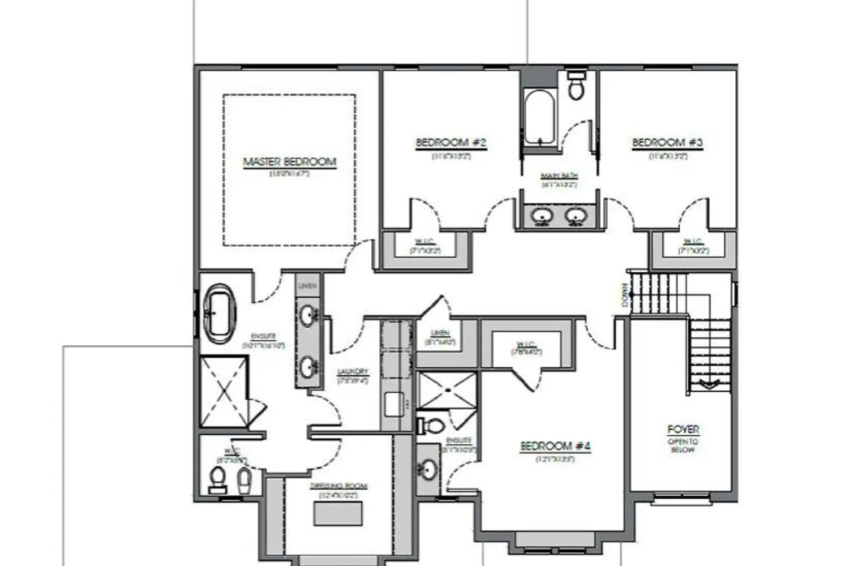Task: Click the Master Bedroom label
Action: point(289,162)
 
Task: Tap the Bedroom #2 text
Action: point(451,143)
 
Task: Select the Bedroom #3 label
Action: point(667,143)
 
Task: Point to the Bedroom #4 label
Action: point(555,447)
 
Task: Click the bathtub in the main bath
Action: point(538,118)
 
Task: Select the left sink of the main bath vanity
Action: point(543,216)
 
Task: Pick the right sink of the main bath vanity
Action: point(576,216)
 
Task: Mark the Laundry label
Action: point(353,372)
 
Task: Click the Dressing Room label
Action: point(338,486)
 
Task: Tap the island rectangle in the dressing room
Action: point(338,513)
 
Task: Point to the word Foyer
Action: point(683,430)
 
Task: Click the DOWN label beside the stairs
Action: point(625,295)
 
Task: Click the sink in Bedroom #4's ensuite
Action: point(428,469)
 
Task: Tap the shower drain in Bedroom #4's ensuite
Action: point(447,390)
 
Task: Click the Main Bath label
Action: point(559,176)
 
